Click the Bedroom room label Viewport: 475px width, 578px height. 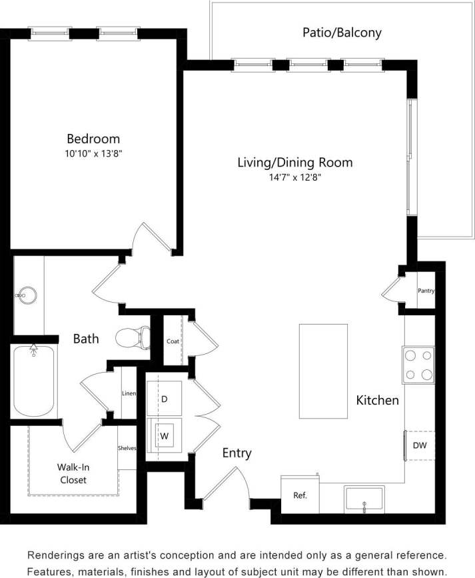click(x=93, y=139)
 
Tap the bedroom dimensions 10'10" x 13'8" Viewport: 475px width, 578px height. click(x=93, y=153)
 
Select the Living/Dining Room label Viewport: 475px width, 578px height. click(x=295, y=162)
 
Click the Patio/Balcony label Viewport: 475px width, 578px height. click(x=342, y=32)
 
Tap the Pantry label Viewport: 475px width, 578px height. click(x=426, y=291)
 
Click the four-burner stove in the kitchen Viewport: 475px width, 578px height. click(x=418, y=365)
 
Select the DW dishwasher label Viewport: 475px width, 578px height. click(x=420, y=445)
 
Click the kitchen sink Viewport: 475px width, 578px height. click(x=364, y=499)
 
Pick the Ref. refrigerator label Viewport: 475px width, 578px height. click(x=299, y=496)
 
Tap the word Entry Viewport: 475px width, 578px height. click(x=237, y=453)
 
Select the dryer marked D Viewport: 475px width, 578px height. click(x=164, y=399)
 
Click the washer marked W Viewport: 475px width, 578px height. click(x=164, y=436)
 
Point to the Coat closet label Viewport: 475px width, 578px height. click(x=173, y=341)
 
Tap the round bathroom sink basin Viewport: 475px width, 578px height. click(x=27, y=293)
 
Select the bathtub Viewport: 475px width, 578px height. click(x=33, y=382)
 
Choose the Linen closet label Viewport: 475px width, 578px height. click(x=129, y=393)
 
